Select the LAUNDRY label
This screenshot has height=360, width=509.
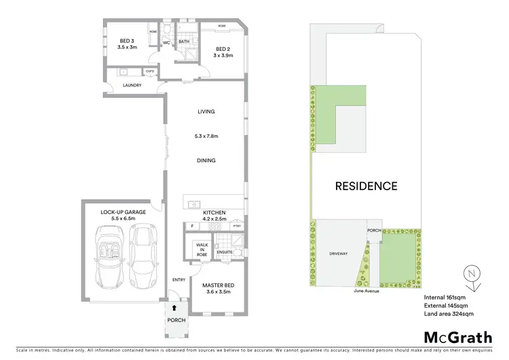coord(132,85)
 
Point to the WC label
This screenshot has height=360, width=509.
coord(166,42)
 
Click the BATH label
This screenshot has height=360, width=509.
coord(184,41)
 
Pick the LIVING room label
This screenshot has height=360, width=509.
coord(206,111)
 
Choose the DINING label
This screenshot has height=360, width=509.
coord(206,161)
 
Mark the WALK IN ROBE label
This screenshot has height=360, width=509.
coord(202,248)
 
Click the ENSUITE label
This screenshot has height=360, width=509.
coord(225,253)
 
